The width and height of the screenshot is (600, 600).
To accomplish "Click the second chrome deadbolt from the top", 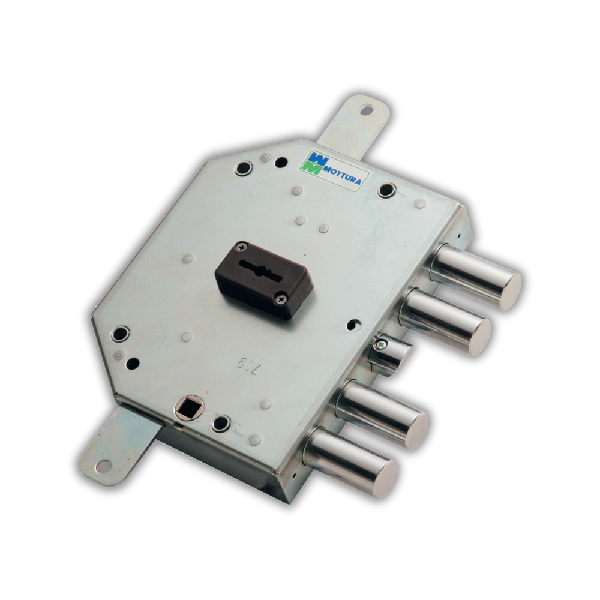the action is pyautogui.click(x=446, y=321).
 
